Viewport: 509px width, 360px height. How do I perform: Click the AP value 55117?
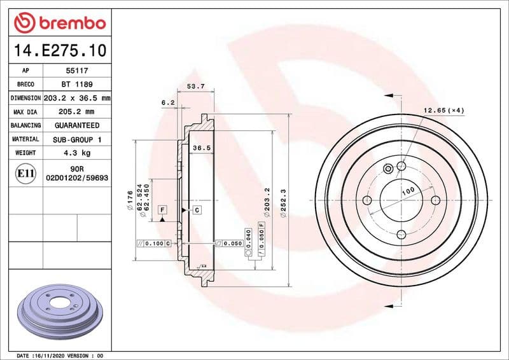[74, 71]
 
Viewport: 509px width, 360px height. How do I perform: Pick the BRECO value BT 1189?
[74, 85]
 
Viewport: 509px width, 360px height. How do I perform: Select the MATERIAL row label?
[25, 139]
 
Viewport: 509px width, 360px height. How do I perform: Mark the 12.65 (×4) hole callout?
[444, 111]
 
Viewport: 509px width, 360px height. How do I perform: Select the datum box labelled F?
[162, 209]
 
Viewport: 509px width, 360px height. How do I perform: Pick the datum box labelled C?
[196, 209]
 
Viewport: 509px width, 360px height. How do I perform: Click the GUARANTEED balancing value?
[76, 125]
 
